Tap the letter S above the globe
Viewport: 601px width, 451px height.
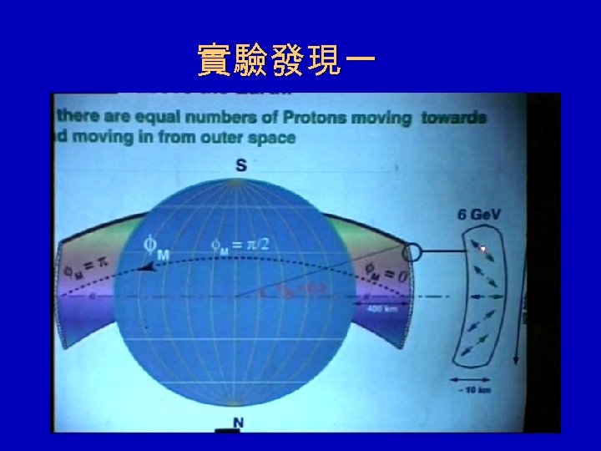click(240, 165)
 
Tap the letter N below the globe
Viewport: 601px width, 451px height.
click(238, 423)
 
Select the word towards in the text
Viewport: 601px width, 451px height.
click(452, 118)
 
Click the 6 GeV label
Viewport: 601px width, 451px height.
click(478, 214)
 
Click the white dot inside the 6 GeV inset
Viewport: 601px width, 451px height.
click(482, 248)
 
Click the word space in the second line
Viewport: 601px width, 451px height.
click(272, 137)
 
